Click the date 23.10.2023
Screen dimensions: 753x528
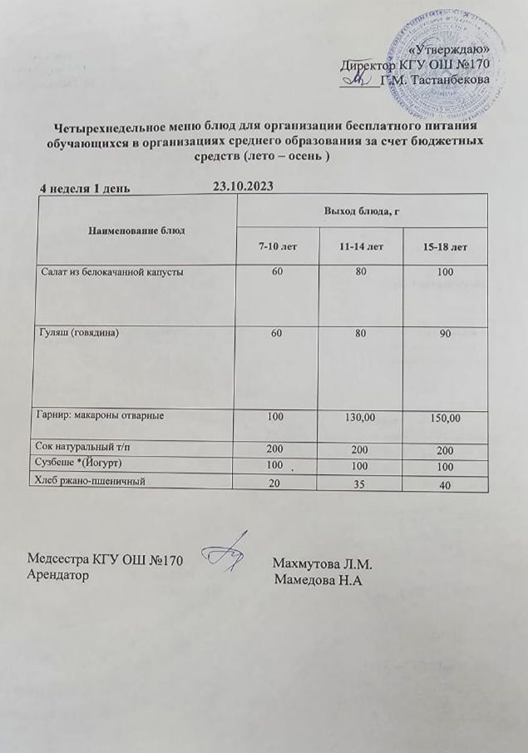(x=243, y=186)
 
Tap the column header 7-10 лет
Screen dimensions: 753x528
(x=276, y=247)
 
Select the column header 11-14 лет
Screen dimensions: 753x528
(x=362, y=247)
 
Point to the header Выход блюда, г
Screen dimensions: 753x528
(x=363, y=213)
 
